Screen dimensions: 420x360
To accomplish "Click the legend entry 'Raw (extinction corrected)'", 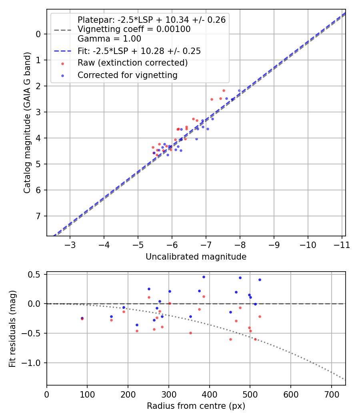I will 132,63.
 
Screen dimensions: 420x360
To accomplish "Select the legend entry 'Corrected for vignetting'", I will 128,75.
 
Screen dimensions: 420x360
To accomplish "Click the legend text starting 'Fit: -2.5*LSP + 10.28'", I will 139,51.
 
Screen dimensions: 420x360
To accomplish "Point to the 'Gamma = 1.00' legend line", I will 109,39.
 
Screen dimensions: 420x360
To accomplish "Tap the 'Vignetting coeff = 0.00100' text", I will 134,29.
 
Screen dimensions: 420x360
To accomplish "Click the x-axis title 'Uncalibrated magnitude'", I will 196,256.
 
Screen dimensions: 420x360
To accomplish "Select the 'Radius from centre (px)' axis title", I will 196,406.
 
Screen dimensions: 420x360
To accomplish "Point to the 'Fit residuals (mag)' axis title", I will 12,328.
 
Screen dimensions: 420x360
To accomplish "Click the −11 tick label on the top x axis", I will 342,244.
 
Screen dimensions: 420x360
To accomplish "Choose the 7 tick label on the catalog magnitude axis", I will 38,216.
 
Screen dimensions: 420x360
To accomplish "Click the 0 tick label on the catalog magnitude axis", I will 38,34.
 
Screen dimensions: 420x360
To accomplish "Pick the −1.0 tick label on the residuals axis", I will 33,363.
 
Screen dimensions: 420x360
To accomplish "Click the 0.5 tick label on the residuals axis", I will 35,274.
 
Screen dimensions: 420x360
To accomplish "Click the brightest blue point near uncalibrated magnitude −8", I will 240,90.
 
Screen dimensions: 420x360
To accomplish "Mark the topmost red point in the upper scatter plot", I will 224,90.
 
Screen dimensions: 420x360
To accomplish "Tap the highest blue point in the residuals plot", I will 204,277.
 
